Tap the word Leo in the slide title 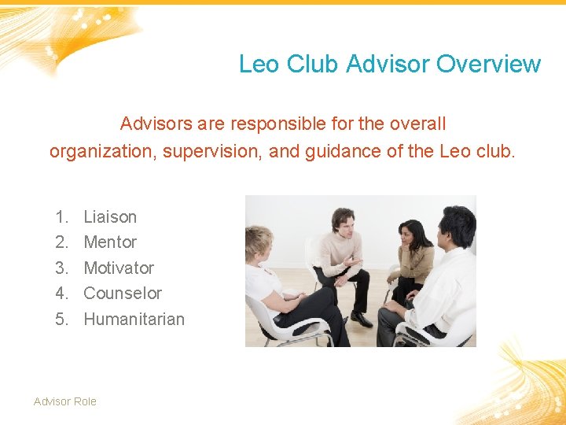pyautogui.click(x=259, y=64)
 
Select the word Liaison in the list pyautogui.click(x=110, y=216)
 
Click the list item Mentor pyautogui.click(x=110, y=242)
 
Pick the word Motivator pyautogui.click(x=119, y=268)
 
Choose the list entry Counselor pyautogui.click(x=123, y=293)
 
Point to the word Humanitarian pyautogui.click(x=134, y=319)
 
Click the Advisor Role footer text pyautogui.click(x=65, y=401)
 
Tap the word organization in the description pyautogui.click(x=101, y=150)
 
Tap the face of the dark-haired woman pyautogui.click(x=411, y=235)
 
